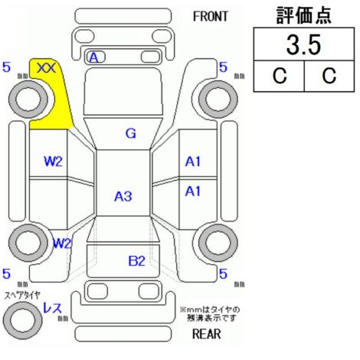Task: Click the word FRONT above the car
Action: click(211, 17)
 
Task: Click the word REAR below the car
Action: click(207, 334)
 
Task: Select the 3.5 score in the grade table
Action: click(303, 44)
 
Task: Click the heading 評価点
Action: click(304, 15)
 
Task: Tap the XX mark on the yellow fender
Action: click(46, 68)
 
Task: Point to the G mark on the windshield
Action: click(131, 133)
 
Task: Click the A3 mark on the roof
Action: click(123, 196)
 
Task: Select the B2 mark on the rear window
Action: click(136, 261)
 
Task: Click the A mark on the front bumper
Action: click(93, 57)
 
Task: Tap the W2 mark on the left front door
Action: click(53, 162)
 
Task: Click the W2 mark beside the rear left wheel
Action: click(62, 244)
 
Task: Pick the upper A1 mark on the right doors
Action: click(193, 162)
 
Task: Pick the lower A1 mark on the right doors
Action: click(193, 191)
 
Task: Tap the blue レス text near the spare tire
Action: click(53, 308)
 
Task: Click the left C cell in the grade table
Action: click(279, 76)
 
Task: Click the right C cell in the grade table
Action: click(329, 76)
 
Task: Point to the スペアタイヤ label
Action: click(22, 296)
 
